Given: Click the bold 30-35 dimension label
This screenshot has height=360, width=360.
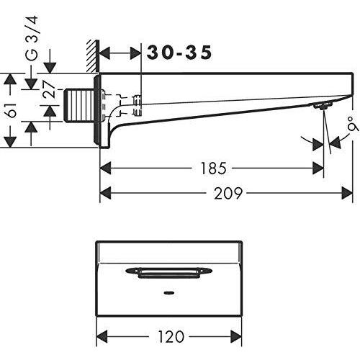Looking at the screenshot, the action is pyautogui.click(x=179, y=53).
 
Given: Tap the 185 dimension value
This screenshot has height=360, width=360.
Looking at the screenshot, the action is pyautogui.click(x=213, y=168).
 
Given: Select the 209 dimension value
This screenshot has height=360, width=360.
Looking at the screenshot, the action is pyautogui.click(x=228, y=194).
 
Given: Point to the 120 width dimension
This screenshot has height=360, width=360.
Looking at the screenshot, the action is pyautogui.click(x=171, y=336).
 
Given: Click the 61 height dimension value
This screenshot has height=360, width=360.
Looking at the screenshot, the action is pyautogui.click(x=12, y=110).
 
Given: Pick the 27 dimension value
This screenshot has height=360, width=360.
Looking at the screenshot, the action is pyautogui.click(x=48, y=89).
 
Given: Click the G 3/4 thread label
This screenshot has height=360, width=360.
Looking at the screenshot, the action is pyautogui.click(x=31, y=38).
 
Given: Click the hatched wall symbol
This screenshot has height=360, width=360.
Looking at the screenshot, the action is pyautogui.click(x=93, y=56).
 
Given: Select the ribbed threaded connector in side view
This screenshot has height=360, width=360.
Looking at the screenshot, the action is pyautogui.click(x=78, y=105).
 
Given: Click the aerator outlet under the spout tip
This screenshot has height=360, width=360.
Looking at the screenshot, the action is pyautogui.click(x=323, y=105).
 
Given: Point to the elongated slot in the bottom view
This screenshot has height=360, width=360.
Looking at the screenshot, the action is pyautogui.click(x=169, y=272).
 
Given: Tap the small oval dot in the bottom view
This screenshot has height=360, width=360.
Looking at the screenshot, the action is pyautogui.click(x=169, y=293).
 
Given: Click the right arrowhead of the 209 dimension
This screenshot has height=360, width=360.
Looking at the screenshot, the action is pyautogui.click(x=347, y=193).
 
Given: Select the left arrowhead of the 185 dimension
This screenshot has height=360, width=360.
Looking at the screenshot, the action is pyautogui.click(x=105, y=168).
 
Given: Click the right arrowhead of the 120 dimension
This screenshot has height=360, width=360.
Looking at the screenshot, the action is pyautogui.click(x=236, y=336).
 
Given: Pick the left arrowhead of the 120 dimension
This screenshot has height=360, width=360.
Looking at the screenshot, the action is pyautogui.click(x=102, y=336).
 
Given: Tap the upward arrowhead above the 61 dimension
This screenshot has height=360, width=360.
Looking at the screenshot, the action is pyautogui.click(x=10, y=79).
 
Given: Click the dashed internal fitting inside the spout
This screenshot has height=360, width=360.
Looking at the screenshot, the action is pyautogui.click(x=121, y=106).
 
